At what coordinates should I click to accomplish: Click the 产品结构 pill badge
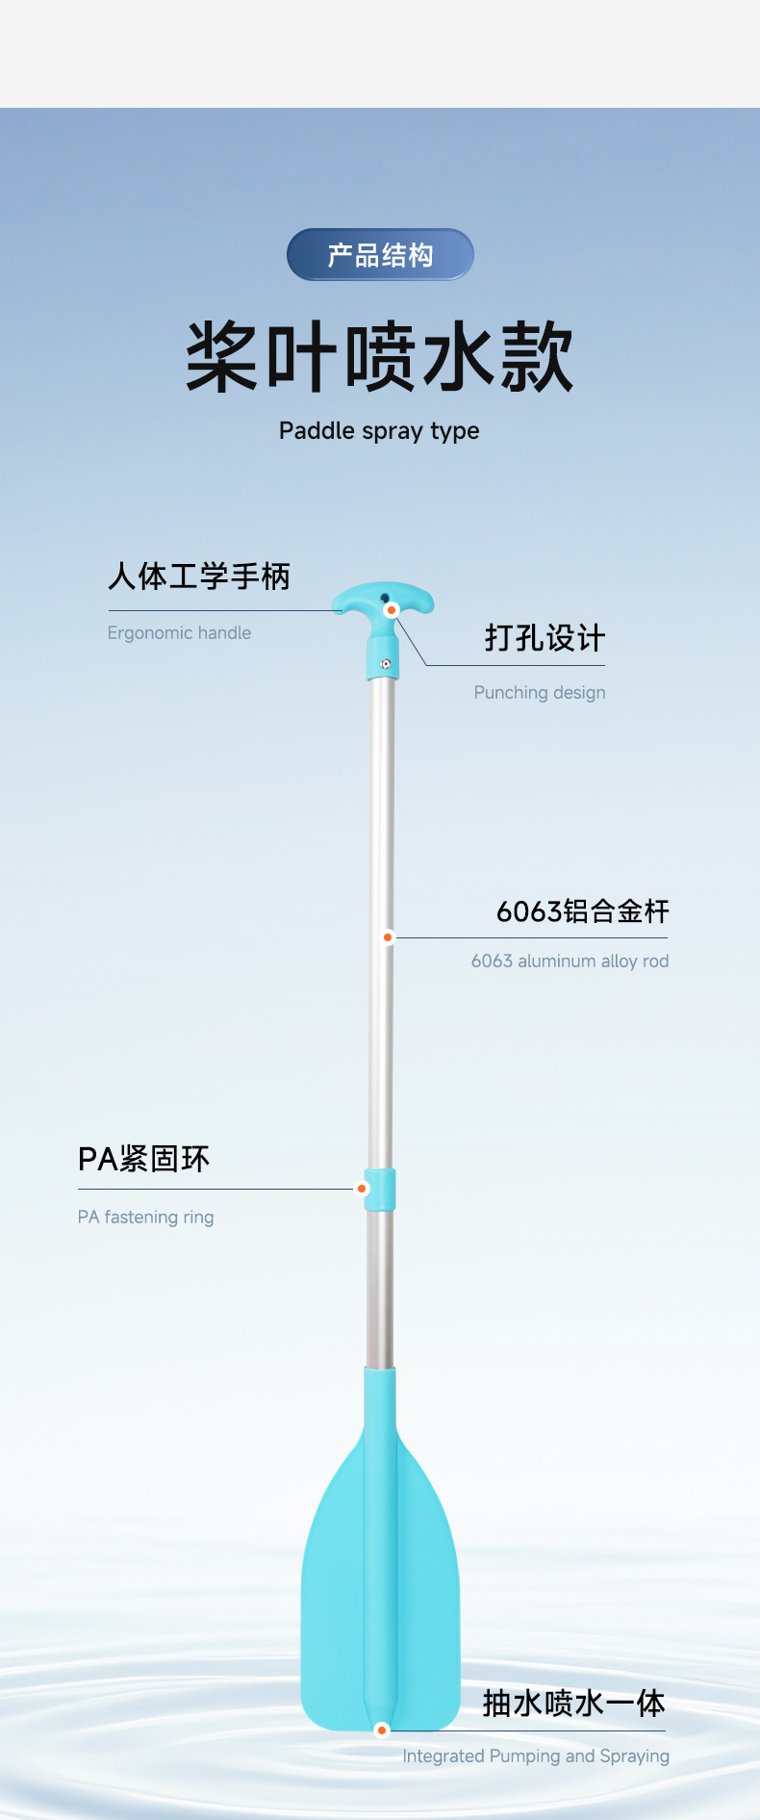click(x=380, y=255)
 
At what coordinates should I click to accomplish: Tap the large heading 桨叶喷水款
click(x=380, y=358)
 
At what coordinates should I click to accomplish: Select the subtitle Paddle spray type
click(x=379, y=430)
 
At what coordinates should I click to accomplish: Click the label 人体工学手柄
click(x=199, y=577)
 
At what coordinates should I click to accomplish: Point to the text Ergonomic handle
click(x=179, y=632)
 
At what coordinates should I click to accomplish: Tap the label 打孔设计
click(x=545, y=638)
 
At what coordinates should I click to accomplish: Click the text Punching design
click(x=539, y=692)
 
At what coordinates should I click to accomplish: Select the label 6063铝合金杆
click(x=582, y=911)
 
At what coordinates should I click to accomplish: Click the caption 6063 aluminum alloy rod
click(x=570, y=961)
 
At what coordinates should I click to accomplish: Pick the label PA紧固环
click(x=143, y=1159)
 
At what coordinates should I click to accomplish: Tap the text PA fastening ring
click(x=145, y=1217)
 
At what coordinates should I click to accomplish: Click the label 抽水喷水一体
click(x=573, y=1703)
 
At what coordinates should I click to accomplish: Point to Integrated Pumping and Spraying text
click(x=535, y=1756)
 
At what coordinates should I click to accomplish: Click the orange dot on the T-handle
click(x=392, y=610)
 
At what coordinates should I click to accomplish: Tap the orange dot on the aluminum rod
click(x=388, y=936)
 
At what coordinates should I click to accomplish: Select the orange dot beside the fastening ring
click(x=362, y=1189)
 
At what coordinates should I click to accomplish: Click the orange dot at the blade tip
click(x=382, y=1730)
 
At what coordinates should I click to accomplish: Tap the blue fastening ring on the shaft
click(x=381, y=1190)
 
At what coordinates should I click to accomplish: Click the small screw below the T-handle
click(x=385, y=663)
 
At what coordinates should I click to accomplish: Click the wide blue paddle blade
click(x=381, y=1588)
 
